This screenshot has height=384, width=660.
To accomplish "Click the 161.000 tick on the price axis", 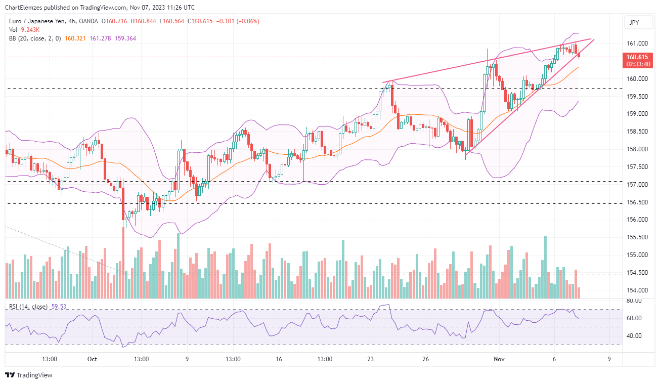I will [637, 44].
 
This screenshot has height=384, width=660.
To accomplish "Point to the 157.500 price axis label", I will [637, 167].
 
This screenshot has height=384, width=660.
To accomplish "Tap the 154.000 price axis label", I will [637, 290].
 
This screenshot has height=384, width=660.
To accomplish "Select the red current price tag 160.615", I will [637, 57].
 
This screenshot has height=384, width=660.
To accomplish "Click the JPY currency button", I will [634, 22].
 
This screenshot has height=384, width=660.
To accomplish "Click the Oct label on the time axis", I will [92, 359].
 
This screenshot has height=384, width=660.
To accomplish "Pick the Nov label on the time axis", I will [499, 359].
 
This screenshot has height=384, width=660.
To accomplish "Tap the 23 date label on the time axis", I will [371, 359].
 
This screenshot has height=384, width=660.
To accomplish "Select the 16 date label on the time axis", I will [279, 359].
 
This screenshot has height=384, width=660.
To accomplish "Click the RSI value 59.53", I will [59, 307].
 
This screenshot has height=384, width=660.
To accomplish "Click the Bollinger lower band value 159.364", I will [125, 38].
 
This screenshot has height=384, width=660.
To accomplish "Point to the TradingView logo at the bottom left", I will [29, 375].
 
